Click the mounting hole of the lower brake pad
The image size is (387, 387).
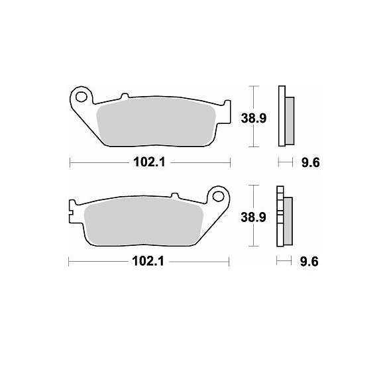(217, 196)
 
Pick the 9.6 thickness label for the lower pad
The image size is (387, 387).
(309, 261)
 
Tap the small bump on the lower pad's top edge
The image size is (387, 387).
(175, 195)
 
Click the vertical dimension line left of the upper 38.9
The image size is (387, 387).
(252, 117)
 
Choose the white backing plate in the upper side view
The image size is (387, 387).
(281, 116)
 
